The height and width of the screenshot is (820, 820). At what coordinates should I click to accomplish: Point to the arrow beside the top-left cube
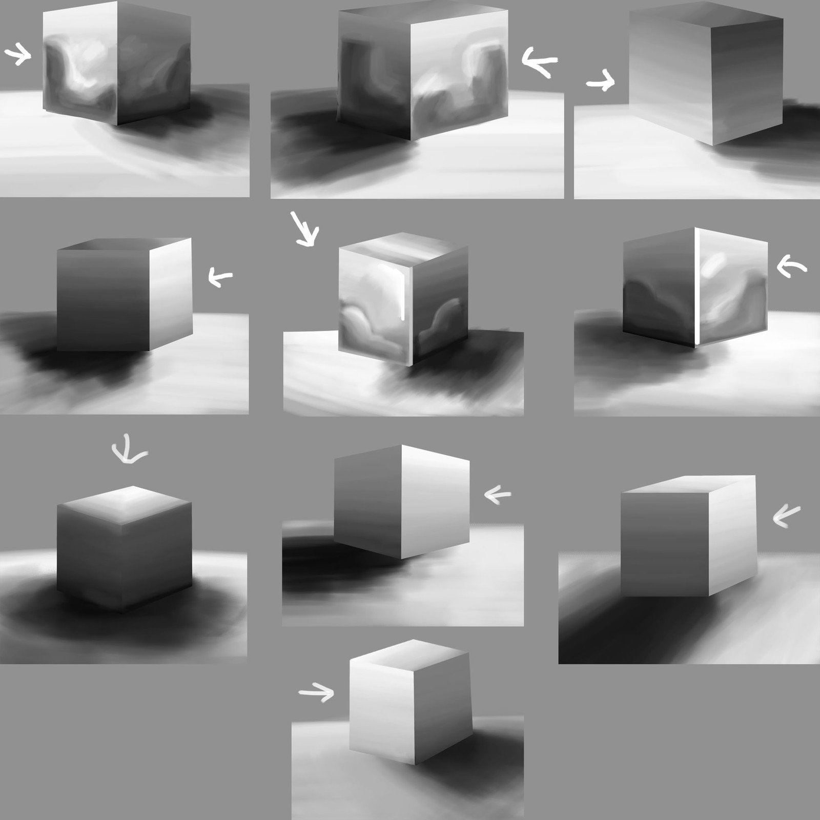(x=18, y=54)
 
